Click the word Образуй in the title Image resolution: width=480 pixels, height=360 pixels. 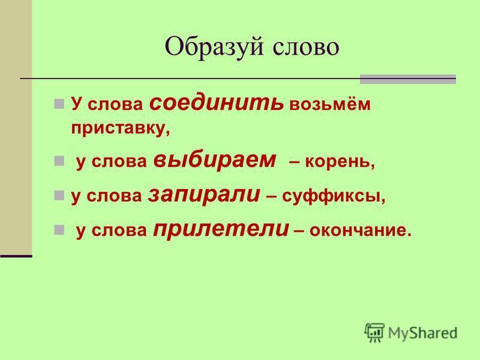pos(214,47)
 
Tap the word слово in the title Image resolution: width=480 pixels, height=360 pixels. pos(306,47)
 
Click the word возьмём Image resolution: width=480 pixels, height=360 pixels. pos(329,104)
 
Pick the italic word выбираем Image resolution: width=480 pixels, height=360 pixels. pos(215,159)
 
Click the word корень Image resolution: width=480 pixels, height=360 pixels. pos(340,161)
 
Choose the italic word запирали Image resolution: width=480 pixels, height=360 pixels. pos(204,194)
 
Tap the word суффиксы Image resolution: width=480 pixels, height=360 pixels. pos(334,197)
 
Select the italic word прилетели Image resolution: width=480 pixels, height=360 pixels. pos(221,229)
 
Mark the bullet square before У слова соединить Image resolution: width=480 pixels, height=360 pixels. pos(59,104)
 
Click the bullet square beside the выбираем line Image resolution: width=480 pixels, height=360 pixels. pos(59,161)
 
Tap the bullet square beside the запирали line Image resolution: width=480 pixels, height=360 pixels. pos(59,196)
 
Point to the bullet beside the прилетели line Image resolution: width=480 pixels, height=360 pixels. pos(59,230)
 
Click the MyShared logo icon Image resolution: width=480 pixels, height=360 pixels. pos(374,332)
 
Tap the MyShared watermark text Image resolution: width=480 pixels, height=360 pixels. pos(422,333)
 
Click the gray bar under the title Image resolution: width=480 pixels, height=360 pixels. pos(408,79)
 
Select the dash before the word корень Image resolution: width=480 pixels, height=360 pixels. pos(294,162)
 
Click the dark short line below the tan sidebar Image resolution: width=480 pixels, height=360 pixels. pos(16,256)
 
